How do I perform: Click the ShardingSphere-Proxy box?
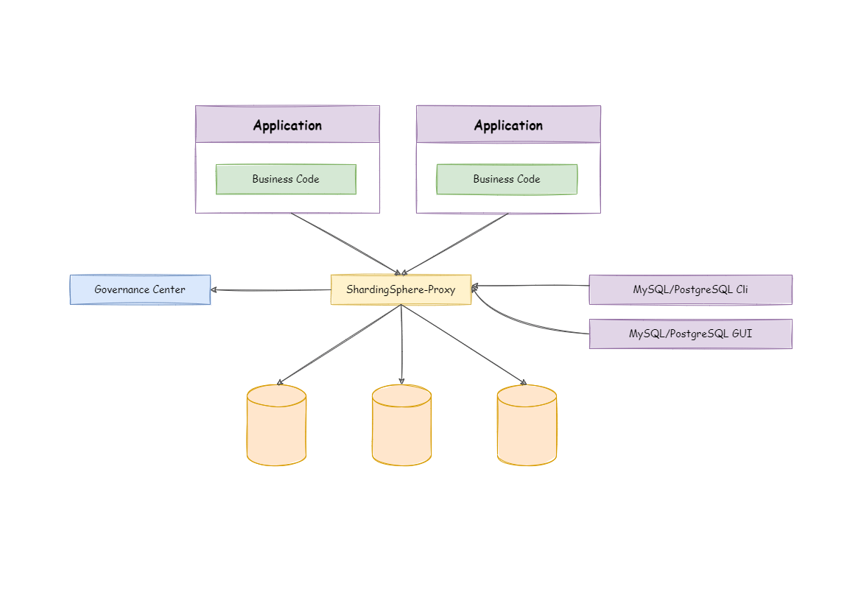click(401, 289)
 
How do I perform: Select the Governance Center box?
click(140, 289)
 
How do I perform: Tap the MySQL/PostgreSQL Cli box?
click(690, 289)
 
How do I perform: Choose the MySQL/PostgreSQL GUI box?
click(690, 334)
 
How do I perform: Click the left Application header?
click(287, 124)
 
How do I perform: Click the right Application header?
click(508, 124)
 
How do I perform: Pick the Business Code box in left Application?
click(286, 179)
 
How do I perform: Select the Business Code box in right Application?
click(507, 179)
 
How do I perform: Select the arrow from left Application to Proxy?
click(344, 244)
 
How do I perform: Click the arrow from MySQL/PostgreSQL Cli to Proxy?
click(530, 286)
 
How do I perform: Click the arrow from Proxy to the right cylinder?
click(464, 344)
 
